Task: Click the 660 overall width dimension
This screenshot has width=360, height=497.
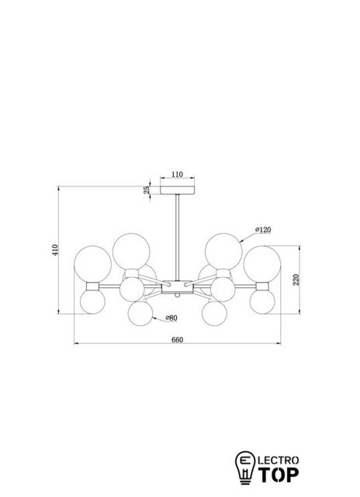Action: [x=178, y=340]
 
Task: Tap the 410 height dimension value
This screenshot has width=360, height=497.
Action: [x=55, y=250]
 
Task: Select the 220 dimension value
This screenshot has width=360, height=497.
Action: [x=296, y=280]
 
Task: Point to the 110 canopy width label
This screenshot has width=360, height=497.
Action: [x=178, y=174]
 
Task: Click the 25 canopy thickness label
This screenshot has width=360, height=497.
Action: [x=147, y=189]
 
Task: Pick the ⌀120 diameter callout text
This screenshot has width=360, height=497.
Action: [x=263, y=230]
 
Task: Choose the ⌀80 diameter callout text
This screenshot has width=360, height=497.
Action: [x=171, y=318]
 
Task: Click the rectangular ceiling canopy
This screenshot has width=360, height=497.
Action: [x=178, y=190]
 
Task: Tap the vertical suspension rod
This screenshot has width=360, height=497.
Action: [x=178, y=238]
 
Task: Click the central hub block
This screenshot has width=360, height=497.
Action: [x=178, y=287]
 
